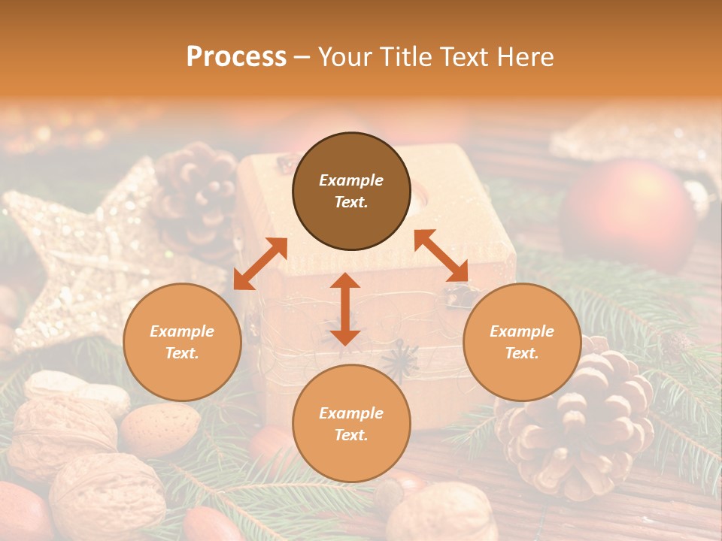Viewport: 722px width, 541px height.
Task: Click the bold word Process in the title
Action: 236,57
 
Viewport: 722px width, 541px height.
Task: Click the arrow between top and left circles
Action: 260,264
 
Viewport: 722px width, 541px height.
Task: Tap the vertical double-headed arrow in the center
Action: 345,309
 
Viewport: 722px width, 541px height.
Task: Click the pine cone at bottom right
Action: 579,428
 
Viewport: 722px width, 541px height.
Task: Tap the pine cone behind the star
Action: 197,188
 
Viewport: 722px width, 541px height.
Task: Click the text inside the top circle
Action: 351,191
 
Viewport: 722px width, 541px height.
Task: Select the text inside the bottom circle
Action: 351,424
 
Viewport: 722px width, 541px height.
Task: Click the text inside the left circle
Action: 182,342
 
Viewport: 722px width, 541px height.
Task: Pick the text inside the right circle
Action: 522,342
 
